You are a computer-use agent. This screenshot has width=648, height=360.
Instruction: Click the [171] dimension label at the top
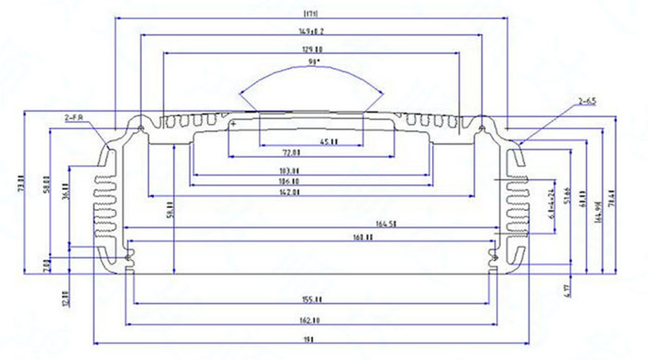click(x=311, y=14)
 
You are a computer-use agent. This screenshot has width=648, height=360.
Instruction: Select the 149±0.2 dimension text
click(x=311, y=32)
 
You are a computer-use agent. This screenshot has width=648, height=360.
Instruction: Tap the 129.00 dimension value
click(x=311, y=49)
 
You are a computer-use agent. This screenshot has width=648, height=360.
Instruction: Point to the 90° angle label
click(x=312, y=63)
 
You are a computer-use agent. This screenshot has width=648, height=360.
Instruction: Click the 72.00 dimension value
click(x=291, y=153)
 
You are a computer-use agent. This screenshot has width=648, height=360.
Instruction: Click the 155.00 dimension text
click(x=311, y=300)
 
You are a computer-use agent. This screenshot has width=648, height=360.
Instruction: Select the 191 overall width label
click(x=311, y=338)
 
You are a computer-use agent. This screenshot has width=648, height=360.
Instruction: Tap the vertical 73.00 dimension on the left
click(x=21, y=183)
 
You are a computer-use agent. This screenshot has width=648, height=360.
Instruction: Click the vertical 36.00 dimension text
click(x=66, y=194)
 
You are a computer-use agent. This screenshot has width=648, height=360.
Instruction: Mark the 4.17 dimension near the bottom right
click(x=567, y=291)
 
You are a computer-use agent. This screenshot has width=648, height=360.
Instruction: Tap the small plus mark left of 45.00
click(x=233, y=123)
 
